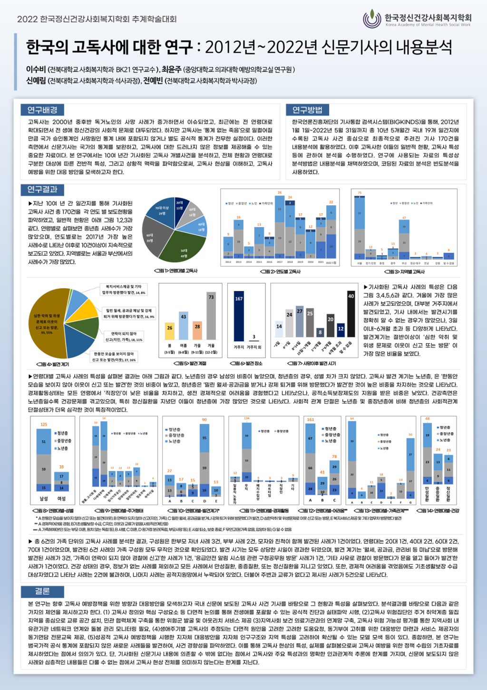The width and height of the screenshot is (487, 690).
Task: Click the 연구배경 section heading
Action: [x=42, y=110]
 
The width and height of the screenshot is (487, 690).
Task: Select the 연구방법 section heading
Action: [x=307, y=110]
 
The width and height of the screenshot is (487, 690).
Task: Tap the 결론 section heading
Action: [x=42, y=591]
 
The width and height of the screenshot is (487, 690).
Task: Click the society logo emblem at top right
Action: [x=372, y=19]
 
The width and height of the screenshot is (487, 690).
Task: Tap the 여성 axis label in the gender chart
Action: [x=61, y=499]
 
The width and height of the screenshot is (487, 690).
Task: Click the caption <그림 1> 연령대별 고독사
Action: [x=175, y=271]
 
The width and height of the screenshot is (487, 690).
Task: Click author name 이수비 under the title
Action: [x=36, y=70]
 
